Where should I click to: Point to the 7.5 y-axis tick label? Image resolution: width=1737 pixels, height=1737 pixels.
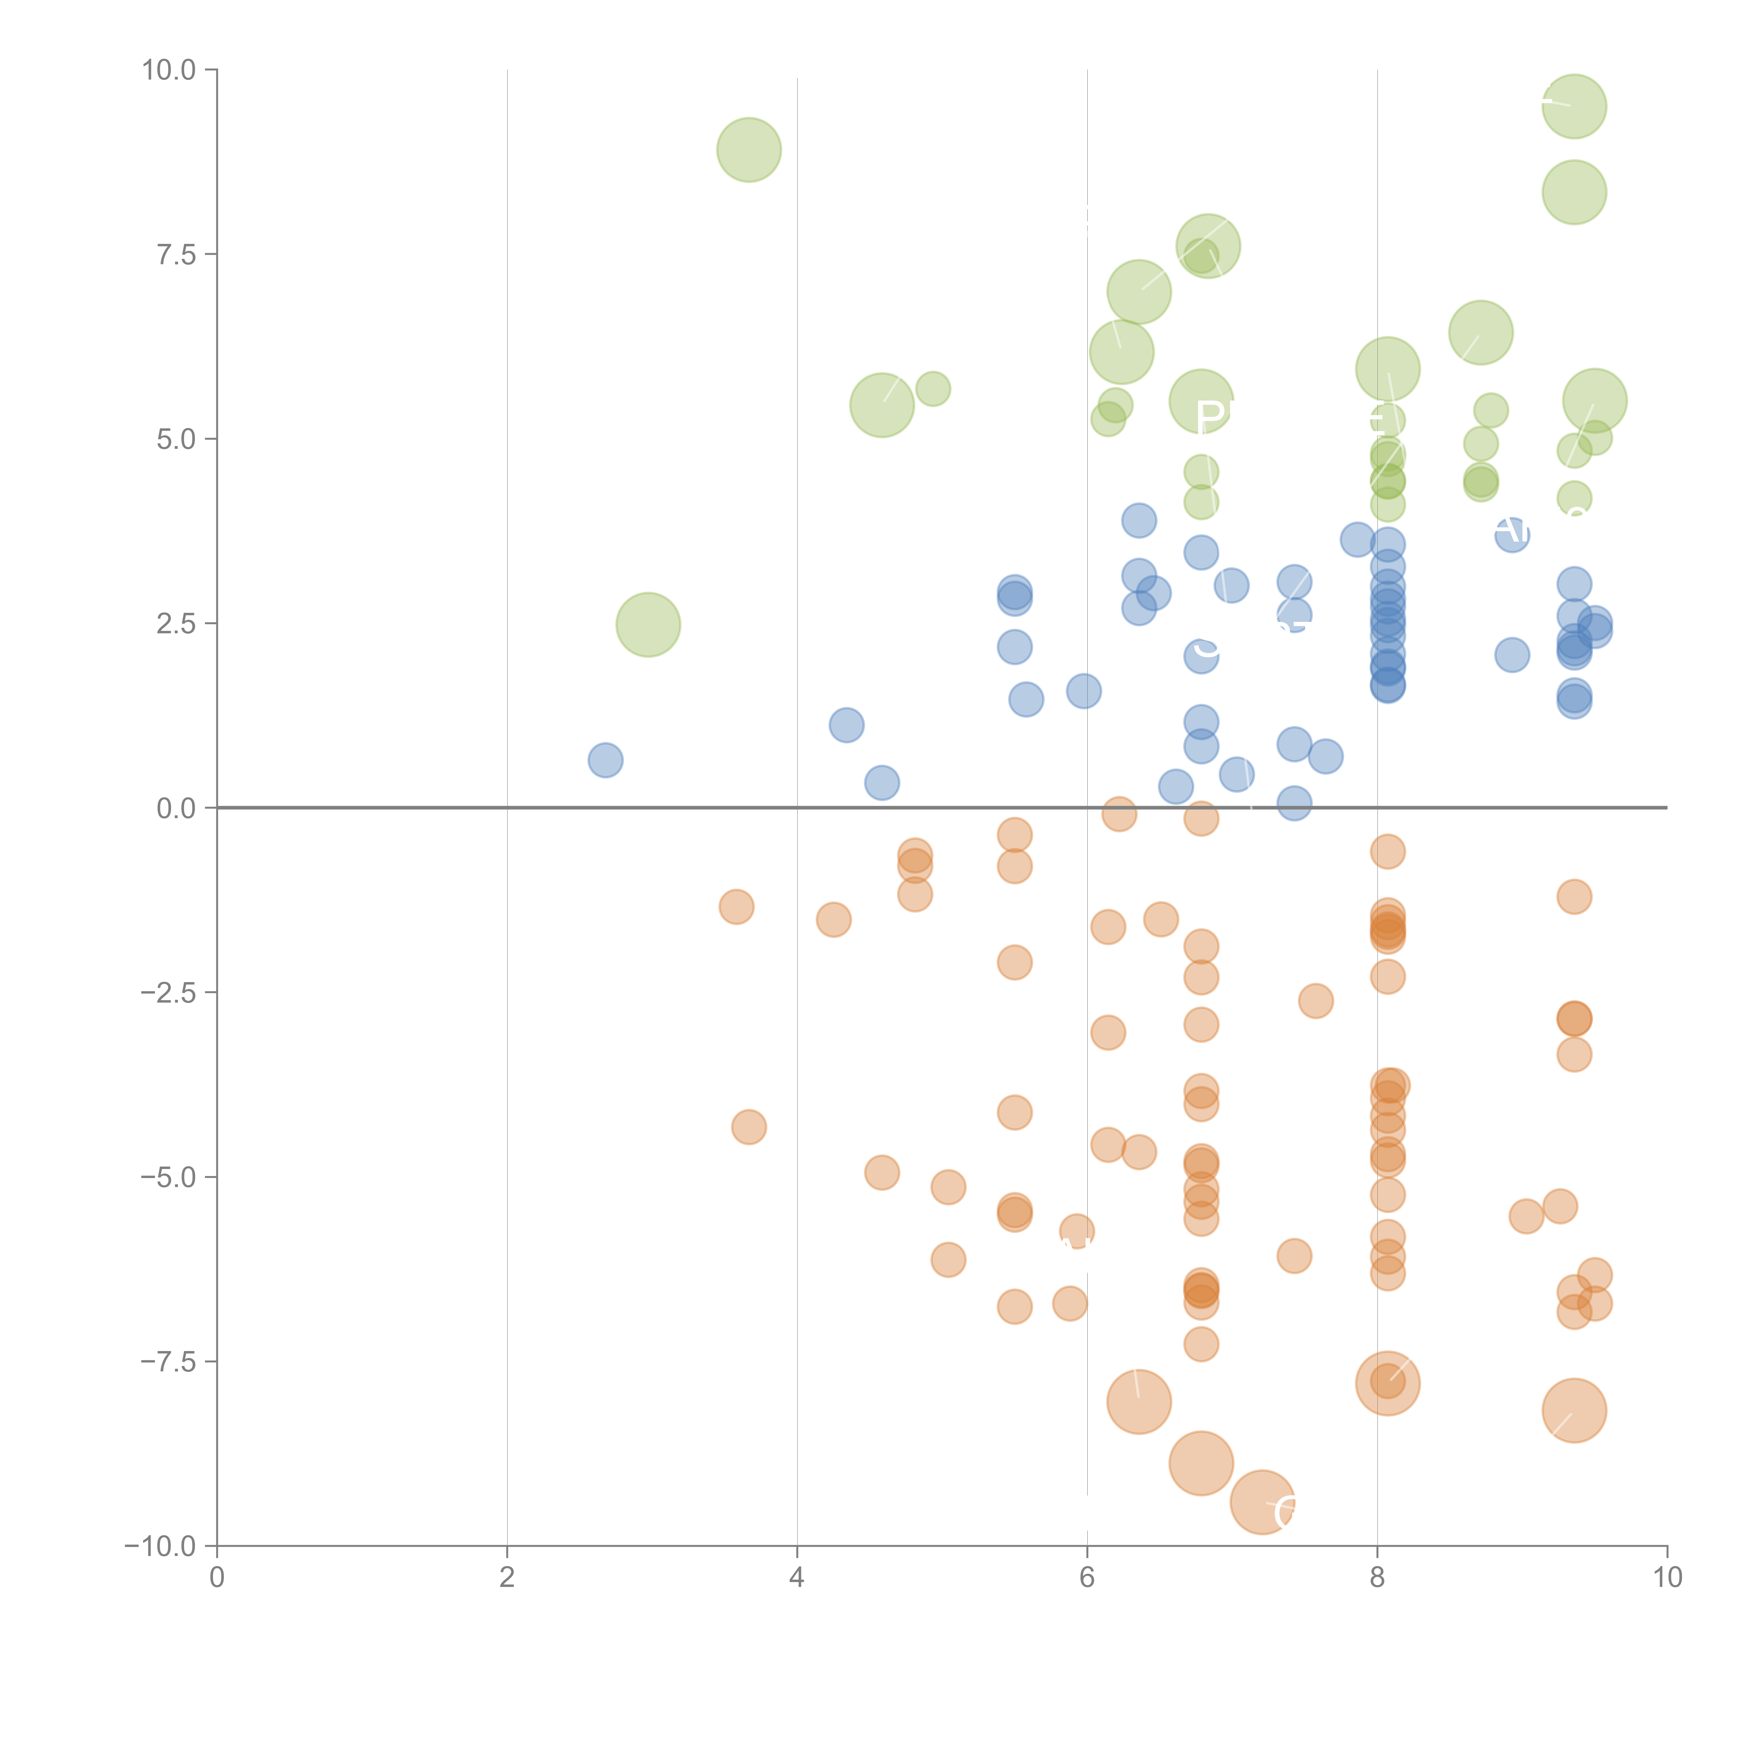[x=175, y=254]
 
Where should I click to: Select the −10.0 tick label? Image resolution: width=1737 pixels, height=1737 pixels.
[x=160, y=1546]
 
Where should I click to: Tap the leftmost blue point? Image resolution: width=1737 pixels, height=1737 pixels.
[x=605, y=760]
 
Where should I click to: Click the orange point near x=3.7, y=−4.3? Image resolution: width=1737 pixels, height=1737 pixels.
[x=749, y=1127]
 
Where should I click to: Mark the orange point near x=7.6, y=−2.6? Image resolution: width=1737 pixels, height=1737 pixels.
[x=1315, y=1001]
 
